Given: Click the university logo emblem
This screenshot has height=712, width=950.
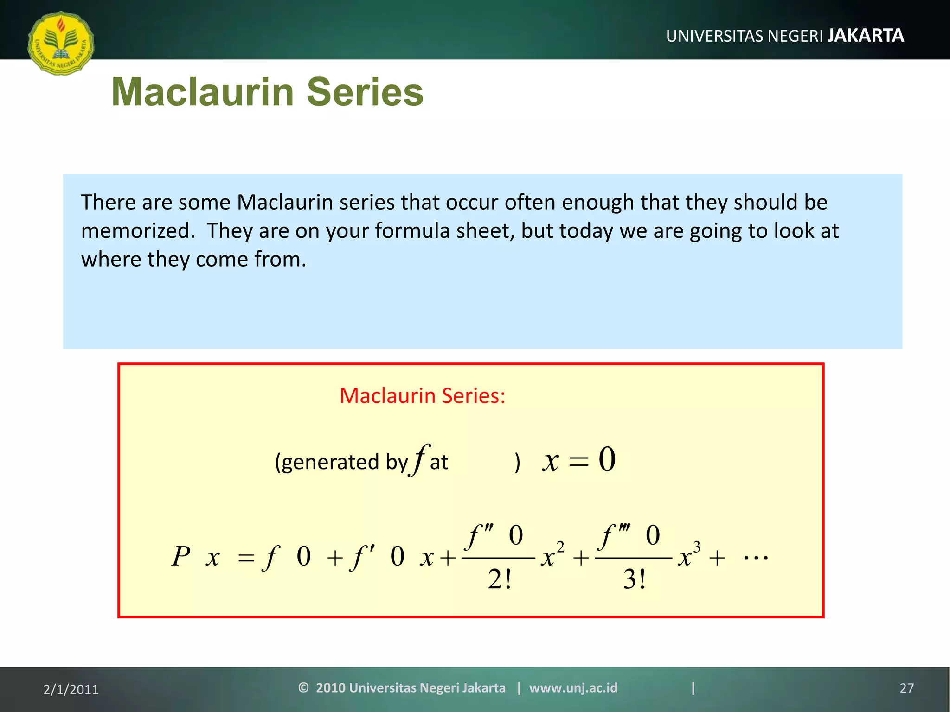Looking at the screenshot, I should click(x=61, y=43).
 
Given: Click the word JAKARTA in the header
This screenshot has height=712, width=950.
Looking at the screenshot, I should click(x=866, y=36).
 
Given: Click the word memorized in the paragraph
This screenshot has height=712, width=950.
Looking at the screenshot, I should click(x=138, y=231).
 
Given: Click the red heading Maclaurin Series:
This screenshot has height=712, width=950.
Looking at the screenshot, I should click(x=422, y=396).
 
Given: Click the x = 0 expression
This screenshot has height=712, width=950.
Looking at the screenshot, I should click(x=578, y=460).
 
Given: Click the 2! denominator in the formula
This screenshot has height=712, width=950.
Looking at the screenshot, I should click(x=499, y=579).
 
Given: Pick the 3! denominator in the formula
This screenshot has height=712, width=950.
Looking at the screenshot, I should click(x=634, y=579).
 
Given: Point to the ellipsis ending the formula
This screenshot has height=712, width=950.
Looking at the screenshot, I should click(x=756, y=558).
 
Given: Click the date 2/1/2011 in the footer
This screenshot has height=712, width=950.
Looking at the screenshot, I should click(x=71, y=689).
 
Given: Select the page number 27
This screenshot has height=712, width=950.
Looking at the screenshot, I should click(x=906, y=688).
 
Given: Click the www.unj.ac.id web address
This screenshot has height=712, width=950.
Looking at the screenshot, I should click(x=573, y=688).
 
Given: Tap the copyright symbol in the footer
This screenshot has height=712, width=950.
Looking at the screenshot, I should click(x=303, y=688).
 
